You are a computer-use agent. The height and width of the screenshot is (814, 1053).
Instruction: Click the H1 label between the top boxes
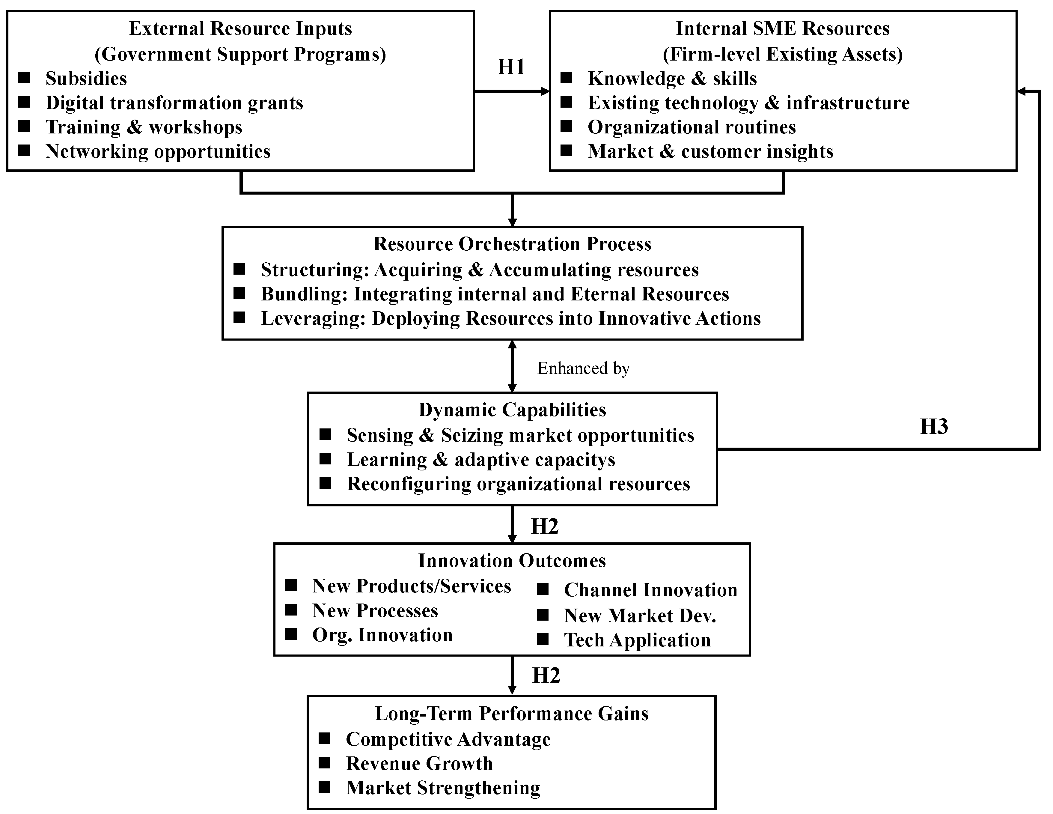511,67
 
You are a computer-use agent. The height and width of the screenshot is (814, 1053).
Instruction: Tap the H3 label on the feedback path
934,427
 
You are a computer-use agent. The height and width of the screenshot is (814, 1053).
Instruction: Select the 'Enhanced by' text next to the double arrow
583,368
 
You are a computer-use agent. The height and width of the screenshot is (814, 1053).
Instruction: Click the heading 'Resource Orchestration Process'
512,244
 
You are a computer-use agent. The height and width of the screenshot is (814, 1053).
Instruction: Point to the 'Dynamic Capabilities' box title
512,410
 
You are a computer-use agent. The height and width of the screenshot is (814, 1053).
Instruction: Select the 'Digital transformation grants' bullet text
174,103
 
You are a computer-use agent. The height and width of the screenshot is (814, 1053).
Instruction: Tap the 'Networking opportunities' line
158,151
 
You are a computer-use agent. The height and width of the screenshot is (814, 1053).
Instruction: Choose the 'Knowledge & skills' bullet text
672,79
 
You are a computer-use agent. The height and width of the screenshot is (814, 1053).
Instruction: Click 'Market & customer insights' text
710,151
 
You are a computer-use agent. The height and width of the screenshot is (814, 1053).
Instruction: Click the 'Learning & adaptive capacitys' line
481,460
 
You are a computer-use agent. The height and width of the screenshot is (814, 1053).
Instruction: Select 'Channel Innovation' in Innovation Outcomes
650,590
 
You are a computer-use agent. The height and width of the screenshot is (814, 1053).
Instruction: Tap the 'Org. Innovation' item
382,635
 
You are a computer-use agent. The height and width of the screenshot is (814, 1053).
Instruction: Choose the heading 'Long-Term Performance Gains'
512,714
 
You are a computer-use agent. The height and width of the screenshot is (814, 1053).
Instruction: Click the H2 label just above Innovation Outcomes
544,526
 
